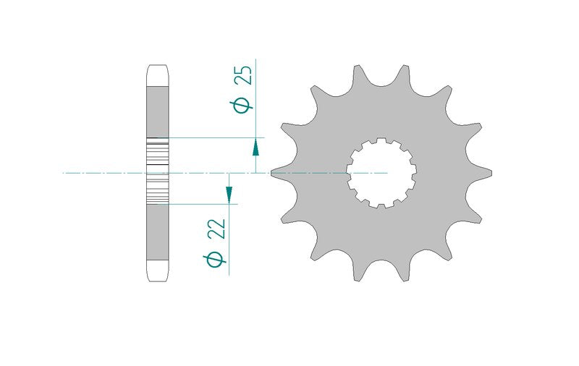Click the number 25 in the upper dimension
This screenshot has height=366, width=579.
coord(245,75)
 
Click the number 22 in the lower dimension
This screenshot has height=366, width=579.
coord(216,229)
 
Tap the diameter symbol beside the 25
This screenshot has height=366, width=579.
coord(242,105)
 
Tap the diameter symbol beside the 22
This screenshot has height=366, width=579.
coord(214,259)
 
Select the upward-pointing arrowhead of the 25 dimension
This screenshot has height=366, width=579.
coord(255,148)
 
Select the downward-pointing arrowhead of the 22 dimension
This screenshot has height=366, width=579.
coord(229,195)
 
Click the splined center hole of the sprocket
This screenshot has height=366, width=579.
coord(381,173)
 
